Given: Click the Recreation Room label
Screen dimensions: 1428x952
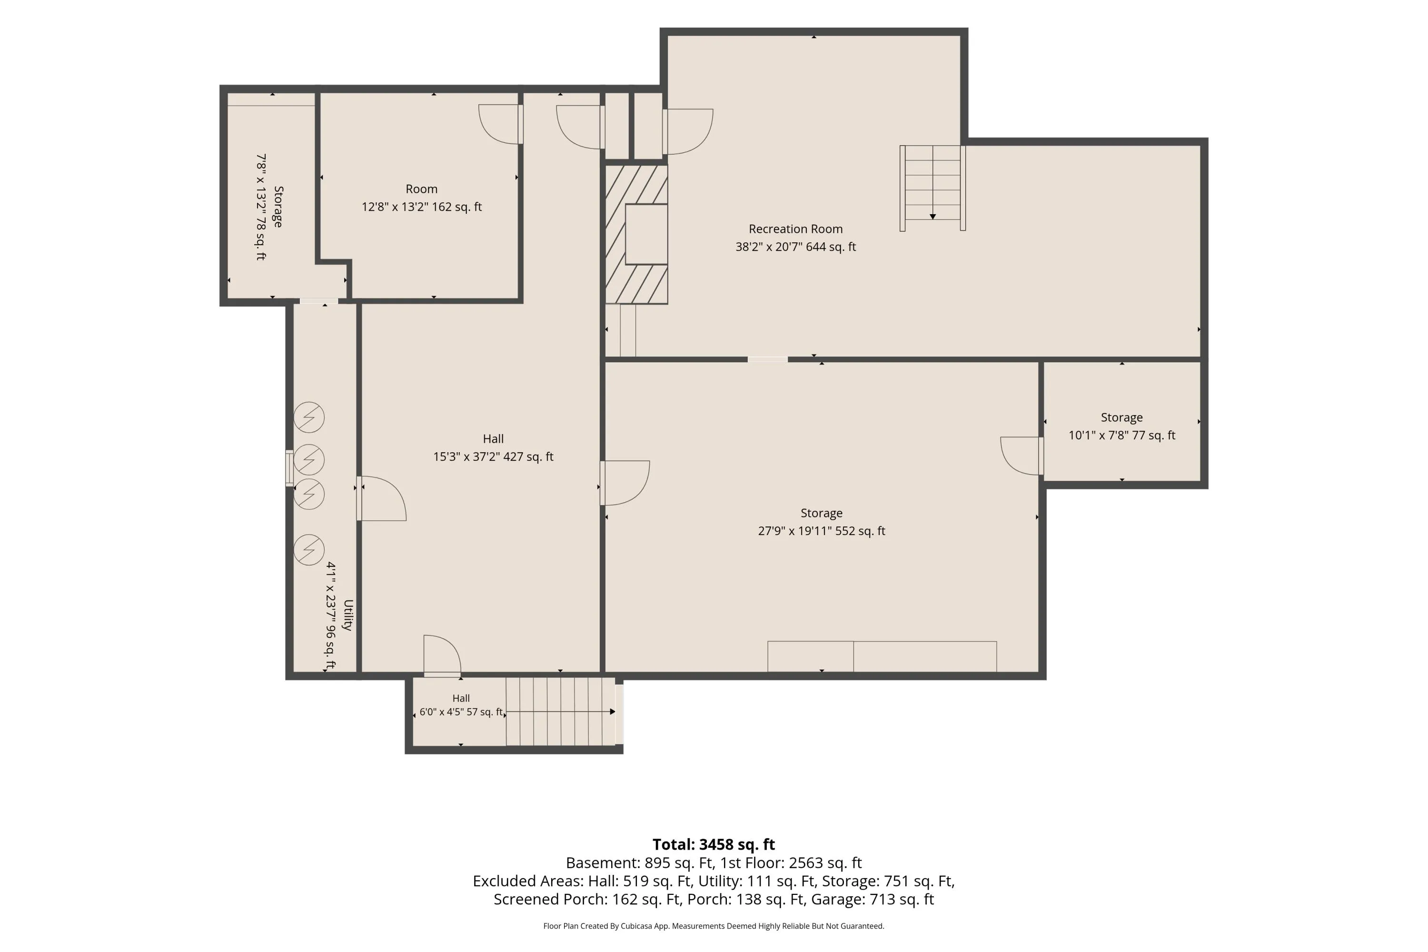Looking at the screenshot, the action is [795, 229].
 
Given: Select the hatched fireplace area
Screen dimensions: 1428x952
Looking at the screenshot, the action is [636, 234].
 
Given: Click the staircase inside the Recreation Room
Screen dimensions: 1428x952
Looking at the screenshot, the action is [932, 188].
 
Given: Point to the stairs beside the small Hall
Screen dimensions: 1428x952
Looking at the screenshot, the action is [562, 711].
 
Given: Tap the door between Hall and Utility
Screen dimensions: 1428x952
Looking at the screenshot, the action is [381, 498].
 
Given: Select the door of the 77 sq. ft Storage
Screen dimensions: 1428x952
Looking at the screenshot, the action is [1022, 456].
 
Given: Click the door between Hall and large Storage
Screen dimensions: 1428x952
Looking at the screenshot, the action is [625, 483].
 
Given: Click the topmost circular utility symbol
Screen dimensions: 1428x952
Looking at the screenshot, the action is [309, 417].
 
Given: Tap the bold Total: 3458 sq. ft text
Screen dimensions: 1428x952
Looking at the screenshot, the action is [714, 844].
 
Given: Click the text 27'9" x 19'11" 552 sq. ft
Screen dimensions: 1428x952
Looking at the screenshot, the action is [822, 531].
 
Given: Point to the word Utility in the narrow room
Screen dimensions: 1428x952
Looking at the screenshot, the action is [348, 615].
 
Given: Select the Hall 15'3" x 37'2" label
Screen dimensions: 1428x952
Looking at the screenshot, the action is [493, 447].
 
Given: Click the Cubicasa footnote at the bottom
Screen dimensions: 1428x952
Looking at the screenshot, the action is [714, 926].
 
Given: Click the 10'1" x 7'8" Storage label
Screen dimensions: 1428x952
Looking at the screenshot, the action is [1121, 426].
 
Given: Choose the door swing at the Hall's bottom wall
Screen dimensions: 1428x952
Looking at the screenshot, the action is [442, 656].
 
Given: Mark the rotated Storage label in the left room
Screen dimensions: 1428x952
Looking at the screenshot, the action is [278, 207].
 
